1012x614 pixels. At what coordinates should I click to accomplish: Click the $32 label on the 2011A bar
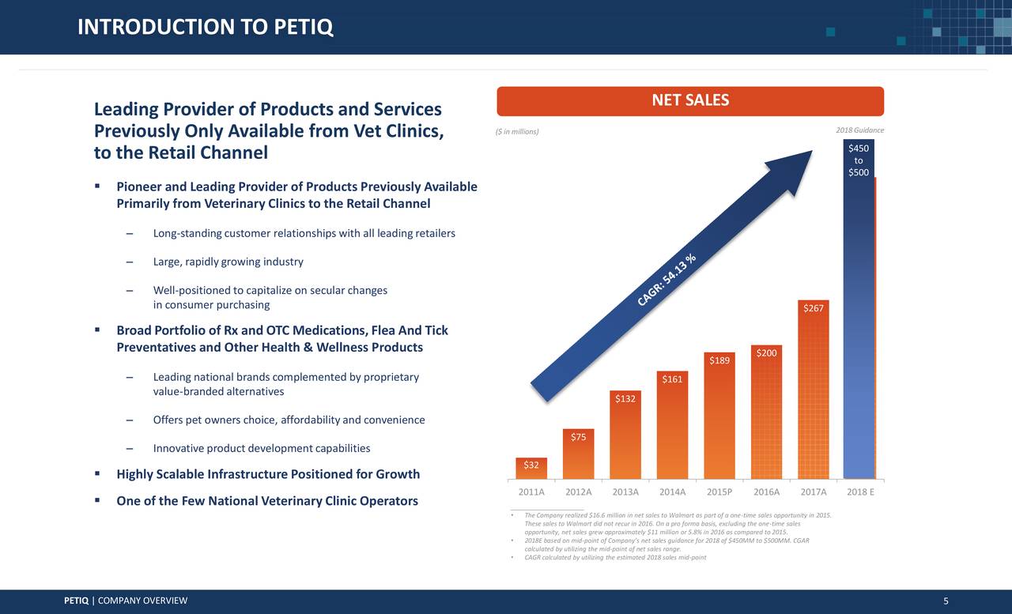coord(531,465)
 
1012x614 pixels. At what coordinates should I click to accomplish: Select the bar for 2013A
coord(625,439)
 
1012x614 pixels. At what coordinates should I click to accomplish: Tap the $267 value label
coord(814,308)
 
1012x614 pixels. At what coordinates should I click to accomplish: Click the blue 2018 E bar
coord(859,332)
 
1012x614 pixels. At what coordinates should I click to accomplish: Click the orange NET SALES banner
coord(690,100)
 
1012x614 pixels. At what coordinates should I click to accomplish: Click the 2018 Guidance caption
coord(859,130)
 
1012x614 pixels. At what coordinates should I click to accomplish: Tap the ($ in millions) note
coord(516,131)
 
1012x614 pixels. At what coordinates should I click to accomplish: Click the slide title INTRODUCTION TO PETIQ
coord(206,28)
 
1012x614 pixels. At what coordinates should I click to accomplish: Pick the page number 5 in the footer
coord(946,601)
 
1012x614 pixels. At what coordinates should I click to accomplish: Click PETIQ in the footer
coord(76,601)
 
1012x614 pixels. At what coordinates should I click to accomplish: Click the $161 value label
coord(672,379)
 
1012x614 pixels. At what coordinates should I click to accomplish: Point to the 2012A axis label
coord(579,492)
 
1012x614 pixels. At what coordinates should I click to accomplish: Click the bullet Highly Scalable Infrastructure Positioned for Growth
coord(267,474)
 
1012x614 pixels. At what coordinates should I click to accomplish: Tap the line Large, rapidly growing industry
coord(228,262)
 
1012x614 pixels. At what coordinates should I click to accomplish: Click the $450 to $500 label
coord(859,160)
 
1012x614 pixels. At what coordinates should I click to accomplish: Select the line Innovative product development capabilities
coord(261,449)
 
